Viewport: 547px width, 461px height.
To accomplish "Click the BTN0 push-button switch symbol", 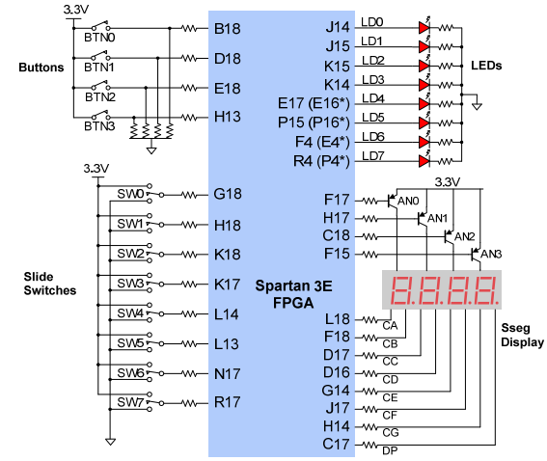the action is coord(100,26).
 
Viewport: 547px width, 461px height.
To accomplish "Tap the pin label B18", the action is coord(227,29).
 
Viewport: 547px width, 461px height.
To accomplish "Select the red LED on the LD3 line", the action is coord(424,85).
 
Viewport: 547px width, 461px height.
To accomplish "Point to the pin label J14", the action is coord(338,27).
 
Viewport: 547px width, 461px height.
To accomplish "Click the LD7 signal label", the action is coord(373,156).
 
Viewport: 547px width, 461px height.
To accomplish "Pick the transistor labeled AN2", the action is coord(449,237).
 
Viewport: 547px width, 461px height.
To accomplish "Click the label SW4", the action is coord(130,313).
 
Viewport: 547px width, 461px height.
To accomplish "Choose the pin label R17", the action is coord(227,402).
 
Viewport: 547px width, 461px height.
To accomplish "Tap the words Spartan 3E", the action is coord(293,285).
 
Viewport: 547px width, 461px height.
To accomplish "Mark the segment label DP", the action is coord(390,451).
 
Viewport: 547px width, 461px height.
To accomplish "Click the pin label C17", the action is coord(336,444).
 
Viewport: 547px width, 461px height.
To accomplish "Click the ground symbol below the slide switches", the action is coord(110,442).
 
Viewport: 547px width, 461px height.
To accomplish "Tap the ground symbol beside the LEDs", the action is coord(477,106).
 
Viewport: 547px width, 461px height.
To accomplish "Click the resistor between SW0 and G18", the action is coord(190,195).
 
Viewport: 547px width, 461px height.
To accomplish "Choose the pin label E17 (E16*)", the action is coord(314,103).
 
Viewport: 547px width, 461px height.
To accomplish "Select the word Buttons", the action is coord(41,68).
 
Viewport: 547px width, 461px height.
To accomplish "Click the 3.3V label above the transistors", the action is coord(448,181).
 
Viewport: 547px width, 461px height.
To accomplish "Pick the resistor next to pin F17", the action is coord(369,201).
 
